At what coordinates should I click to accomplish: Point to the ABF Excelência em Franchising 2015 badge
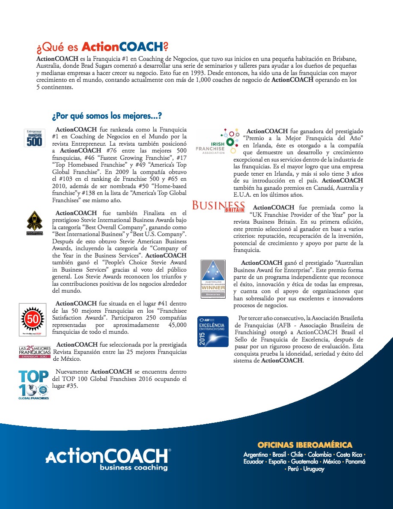(213, 332)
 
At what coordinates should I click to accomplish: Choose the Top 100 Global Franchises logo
(34, 385)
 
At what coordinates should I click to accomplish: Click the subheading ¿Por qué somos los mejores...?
(107, 116)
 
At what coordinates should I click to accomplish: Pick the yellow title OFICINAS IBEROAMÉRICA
(305, 445)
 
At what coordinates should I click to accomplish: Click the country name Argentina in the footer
(256, 454)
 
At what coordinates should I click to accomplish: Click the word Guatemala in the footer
(304, 461)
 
